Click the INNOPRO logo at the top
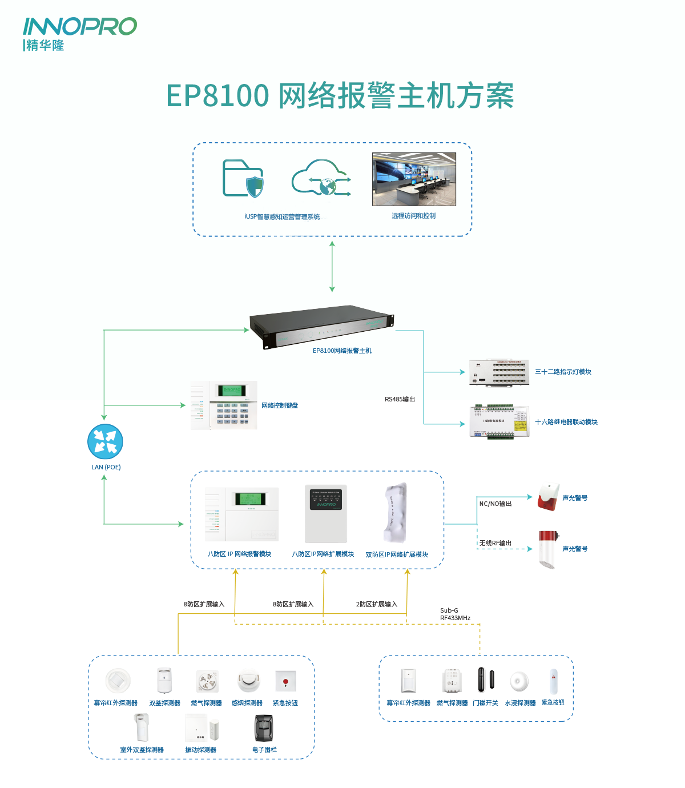(79, 33)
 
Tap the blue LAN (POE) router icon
(105, 441)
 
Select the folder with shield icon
(243, 179)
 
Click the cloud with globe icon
(321, 179)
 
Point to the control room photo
(414, 179)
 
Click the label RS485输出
(400, 399)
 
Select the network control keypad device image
(224, 405)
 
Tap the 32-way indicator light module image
(498, 372)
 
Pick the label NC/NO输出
(495, 504)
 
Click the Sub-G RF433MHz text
(455, 614)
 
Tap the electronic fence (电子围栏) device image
(264, 728)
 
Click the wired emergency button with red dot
(285, 681)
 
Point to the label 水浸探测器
(520, 703)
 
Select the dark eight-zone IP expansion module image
(326, 513)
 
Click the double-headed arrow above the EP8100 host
(332, 267)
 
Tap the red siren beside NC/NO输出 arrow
(549, 497)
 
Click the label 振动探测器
(200, 750)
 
